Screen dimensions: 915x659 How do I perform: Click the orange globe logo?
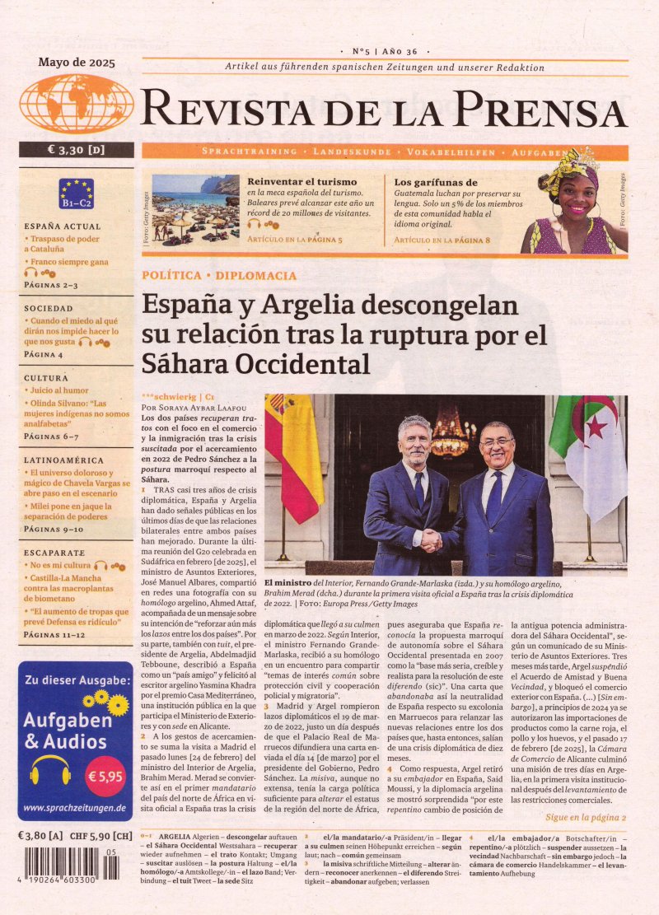click(77, 104)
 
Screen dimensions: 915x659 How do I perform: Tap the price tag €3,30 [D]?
click(77, 150)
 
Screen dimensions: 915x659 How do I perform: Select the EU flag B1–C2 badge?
click(76, 194)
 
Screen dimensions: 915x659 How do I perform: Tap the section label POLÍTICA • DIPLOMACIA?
click(219, 275)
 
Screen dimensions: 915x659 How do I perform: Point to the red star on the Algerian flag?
click(596, 426)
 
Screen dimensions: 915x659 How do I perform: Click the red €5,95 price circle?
click(105, 777)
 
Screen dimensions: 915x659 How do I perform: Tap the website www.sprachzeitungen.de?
click(75, 808)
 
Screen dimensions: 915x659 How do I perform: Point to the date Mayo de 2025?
click(77, 62)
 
